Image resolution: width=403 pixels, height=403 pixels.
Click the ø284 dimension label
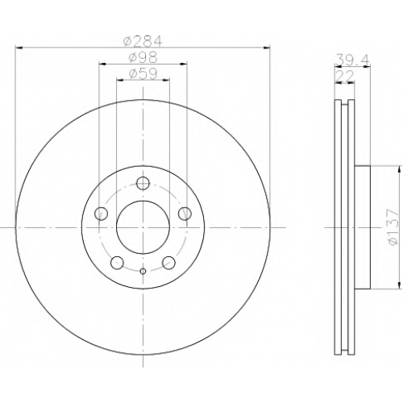pyautogui.click(x=143, y=41)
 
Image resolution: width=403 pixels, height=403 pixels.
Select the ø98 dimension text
pyautogui.click(x=143, y=57)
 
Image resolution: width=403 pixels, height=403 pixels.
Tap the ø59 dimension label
pyautogui.click(x=143, y=73)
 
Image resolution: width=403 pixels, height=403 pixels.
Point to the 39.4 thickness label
pyautogui.click(x=352, y=60)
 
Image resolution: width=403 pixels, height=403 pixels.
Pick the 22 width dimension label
pyautogui.click(x=345, y=77)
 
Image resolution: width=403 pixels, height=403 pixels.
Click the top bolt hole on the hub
pyautogui.click(x=143, y=183)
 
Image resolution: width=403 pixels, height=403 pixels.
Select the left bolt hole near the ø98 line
pyautogui.click(x=102, y=214)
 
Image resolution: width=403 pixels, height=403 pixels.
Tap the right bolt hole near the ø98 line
pyautogui.click(x=185, y=214)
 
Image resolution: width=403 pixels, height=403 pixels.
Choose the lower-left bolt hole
pyautogui.click(x=117, y=263)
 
